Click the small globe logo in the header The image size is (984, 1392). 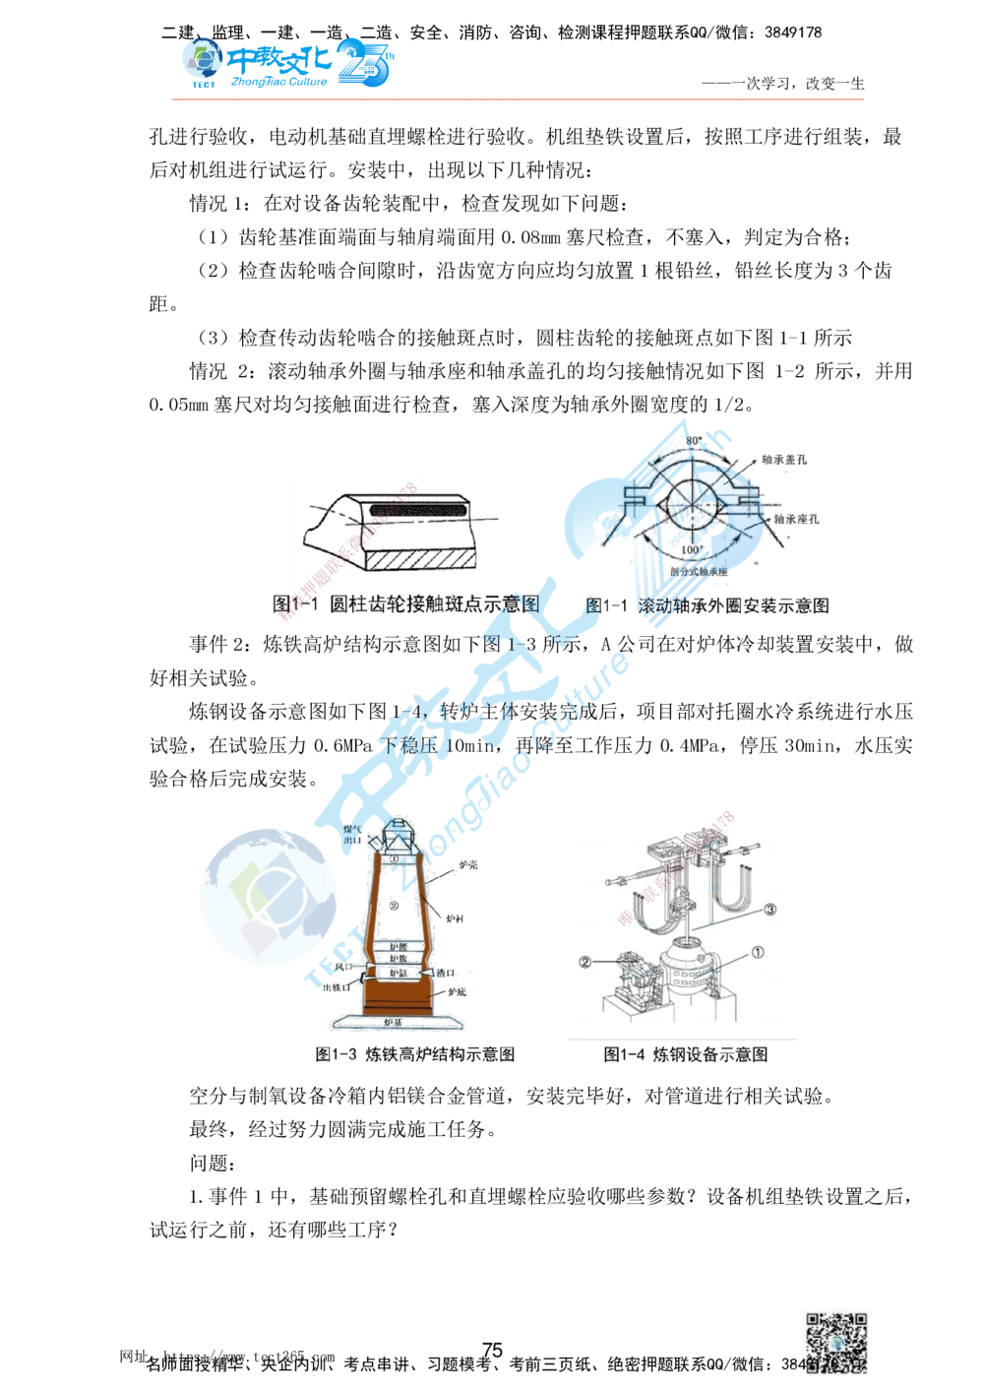[203, 62]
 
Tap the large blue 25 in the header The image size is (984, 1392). [366, 65]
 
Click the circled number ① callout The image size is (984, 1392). [757, 952]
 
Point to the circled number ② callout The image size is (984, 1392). [584, 962]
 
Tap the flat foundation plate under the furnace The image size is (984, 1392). [394, 1026]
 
